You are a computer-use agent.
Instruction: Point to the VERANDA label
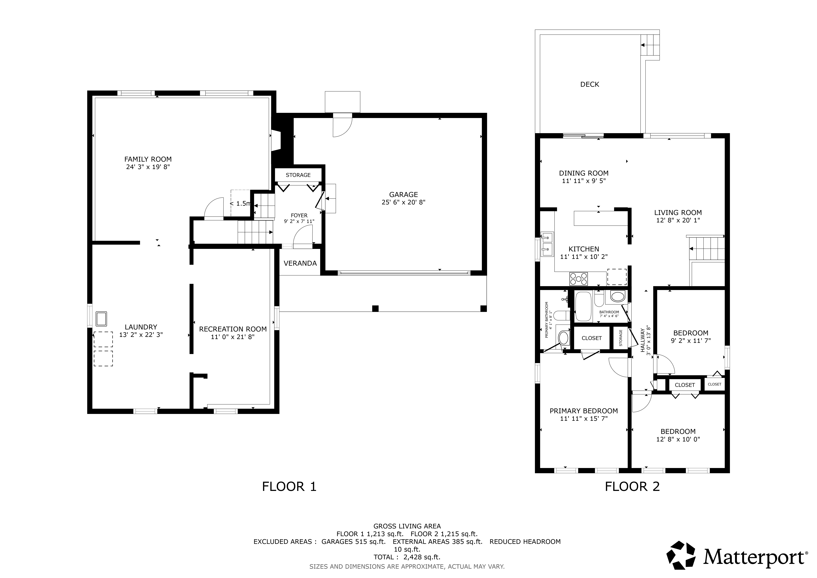click(x=300, y=263)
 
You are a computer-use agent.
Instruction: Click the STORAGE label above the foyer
click(x=298, y=175)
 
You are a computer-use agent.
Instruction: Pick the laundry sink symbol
click(x=101, y=319)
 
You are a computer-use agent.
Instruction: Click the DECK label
click(x=590, y=84)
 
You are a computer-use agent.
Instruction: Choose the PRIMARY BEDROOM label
click(x=584, y=411)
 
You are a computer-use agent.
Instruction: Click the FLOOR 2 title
click(x=632, y=487)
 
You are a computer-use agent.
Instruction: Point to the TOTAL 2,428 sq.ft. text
click(x=407, y=557)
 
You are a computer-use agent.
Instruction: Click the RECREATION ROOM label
click(x=233, y=329)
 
